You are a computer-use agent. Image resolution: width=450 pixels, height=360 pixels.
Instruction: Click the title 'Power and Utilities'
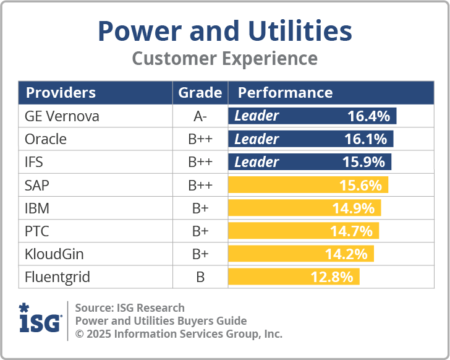tap(225, 31)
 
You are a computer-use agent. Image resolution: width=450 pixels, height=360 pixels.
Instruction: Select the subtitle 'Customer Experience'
tap(225, 59)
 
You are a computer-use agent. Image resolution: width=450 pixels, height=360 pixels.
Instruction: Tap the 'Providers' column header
tap(61, 93)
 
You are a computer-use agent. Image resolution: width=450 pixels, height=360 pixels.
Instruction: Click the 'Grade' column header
tap(200, 93)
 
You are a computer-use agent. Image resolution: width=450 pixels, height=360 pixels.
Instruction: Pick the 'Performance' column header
tap(285, 93)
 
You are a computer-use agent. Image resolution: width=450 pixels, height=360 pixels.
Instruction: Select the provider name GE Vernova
tap(62, 116)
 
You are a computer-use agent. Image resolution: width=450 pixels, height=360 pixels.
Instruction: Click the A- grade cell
tap(200, 116)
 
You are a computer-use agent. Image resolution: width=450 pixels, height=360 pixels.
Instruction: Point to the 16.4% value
tap(368, 116)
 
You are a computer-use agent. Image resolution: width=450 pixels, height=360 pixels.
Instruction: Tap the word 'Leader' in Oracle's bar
tap(257, 139)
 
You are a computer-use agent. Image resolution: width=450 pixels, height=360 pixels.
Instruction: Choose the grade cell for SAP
tap(200, 185)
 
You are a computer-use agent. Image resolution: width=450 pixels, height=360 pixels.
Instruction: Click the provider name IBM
tap(37, 208)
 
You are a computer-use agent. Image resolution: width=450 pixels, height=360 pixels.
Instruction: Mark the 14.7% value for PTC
tap(351, 231)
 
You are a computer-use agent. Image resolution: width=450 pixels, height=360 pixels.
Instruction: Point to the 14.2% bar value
tap(346, 254)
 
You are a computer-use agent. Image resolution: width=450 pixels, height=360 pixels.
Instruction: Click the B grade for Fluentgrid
tap(200, 276)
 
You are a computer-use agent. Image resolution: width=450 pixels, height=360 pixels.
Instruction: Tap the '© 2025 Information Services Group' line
tap(179, 334)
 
